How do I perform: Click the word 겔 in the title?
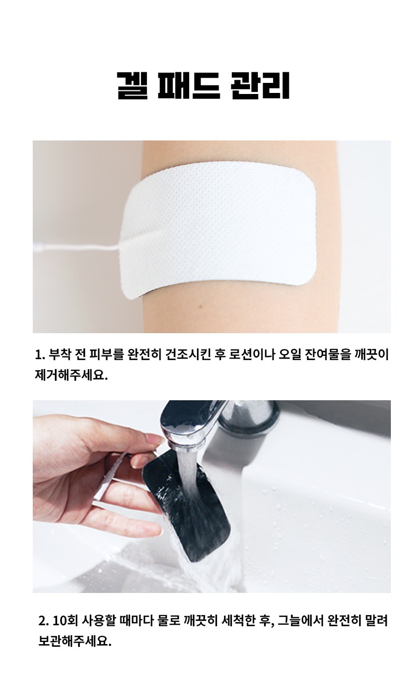point(132,86)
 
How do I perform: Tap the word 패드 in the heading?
point(189,86)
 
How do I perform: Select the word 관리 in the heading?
point(260,86)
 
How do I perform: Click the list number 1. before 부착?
point(40,355)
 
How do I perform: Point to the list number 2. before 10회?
point(43,613)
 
